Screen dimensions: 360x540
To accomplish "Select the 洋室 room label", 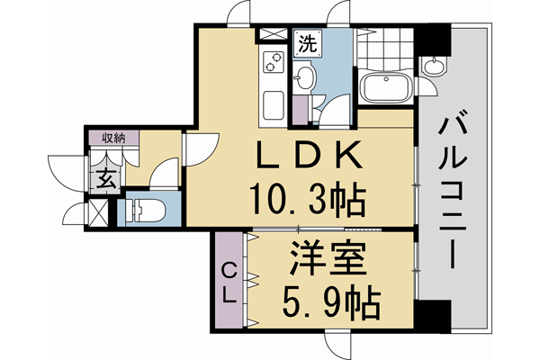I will click(329, 263).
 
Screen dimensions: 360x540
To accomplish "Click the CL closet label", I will click(229, 281).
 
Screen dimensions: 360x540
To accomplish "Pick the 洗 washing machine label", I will click(306, 41).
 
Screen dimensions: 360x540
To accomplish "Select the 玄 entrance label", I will click(104, 176).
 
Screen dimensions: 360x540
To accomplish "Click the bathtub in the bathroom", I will click(384, 90).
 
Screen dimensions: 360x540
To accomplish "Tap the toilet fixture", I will click(144, 213).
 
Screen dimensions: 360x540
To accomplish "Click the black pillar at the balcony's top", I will click(436, 38).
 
